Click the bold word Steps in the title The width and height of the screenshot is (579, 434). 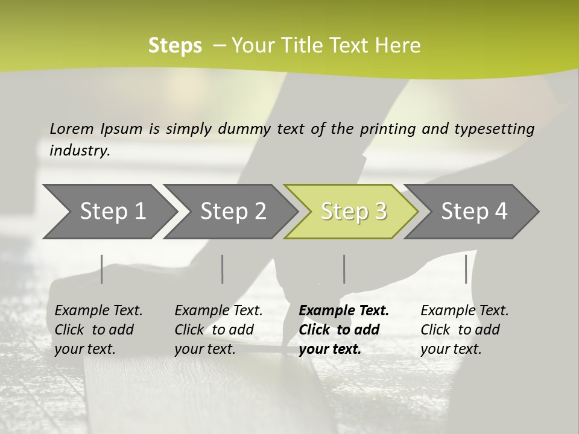175,46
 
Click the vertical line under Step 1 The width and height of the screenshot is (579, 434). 101,269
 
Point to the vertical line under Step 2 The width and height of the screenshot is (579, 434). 223,269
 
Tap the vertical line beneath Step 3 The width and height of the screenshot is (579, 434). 344,269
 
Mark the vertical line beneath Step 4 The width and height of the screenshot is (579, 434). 466,269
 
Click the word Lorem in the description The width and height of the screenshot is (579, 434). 71,128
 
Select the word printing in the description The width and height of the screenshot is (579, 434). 385,128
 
